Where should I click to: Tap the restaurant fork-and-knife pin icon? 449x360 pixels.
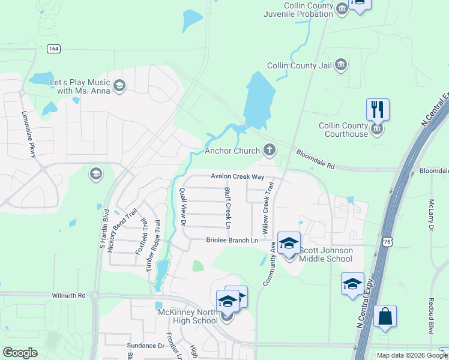378,109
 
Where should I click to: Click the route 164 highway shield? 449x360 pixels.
54,49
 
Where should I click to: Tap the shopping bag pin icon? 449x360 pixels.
385,316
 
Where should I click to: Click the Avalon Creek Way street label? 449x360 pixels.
237,176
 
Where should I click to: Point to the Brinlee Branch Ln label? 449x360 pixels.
232,240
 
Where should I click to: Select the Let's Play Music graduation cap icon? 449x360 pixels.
119,86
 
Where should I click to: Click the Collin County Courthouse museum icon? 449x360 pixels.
377,130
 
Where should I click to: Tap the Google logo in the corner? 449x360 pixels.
20,353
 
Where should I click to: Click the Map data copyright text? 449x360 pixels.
411,355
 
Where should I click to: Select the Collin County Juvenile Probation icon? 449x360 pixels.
342,9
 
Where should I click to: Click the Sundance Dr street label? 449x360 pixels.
145,346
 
